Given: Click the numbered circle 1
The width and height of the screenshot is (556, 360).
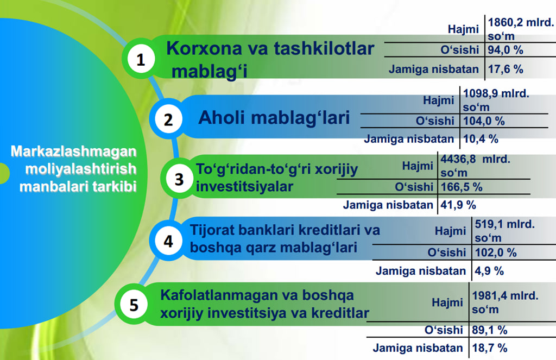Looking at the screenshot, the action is coord(141,59).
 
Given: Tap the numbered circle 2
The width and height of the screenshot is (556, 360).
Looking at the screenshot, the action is coord(168,119).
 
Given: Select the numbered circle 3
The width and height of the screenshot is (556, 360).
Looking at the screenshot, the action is coord(179,179).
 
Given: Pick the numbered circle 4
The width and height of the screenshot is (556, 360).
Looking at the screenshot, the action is coord(168,241).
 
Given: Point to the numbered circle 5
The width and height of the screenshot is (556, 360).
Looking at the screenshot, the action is coord(134,304).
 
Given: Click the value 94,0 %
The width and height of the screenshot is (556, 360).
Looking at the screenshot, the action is coord(506,50).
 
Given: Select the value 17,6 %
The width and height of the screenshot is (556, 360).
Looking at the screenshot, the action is coord(506,69).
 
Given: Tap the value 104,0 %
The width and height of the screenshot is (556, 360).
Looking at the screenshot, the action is coord(484,121).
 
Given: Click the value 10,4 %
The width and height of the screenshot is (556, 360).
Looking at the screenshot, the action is coord(481,138).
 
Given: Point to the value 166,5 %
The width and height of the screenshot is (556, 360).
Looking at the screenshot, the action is coord(462,187).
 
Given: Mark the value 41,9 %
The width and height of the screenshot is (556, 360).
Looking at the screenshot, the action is coord(458,205).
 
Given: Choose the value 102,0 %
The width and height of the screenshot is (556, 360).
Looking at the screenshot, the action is coord(496,252).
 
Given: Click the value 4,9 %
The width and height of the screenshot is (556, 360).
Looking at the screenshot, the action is coord(489,271).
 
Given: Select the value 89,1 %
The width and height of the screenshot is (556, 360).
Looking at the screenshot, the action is coord(489,330).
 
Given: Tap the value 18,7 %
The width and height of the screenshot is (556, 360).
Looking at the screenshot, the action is coord(489,348).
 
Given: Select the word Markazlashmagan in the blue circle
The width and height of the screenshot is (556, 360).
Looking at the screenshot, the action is coord(73,151).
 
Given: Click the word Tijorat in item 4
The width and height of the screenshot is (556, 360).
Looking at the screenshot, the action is coord(212,230).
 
